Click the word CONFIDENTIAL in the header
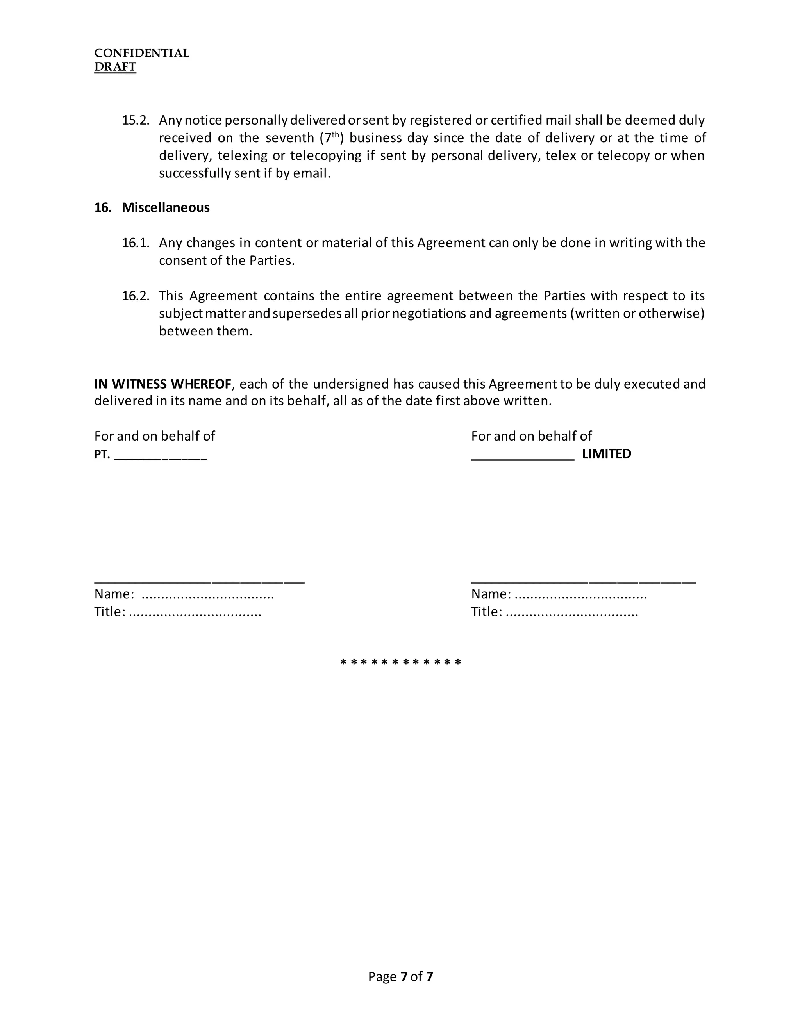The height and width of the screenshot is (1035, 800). click(x=141, y=53)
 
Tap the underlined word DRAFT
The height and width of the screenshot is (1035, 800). click(x=115, y=67)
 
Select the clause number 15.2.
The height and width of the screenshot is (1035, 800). click(x=136, y=120)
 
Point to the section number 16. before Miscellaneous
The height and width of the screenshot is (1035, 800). click(x=102, y=207)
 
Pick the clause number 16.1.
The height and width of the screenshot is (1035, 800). click(x=136, y=243)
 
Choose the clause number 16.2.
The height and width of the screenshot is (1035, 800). click(x=136, y=296)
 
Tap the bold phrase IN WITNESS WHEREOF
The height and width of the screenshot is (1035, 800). click(x=162, y=384)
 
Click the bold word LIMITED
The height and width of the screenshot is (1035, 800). click(x=606, y=454)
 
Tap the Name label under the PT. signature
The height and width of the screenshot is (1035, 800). click(x=114, y=594)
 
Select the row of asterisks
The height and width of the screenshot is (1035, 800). click(x=400, y=662)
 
